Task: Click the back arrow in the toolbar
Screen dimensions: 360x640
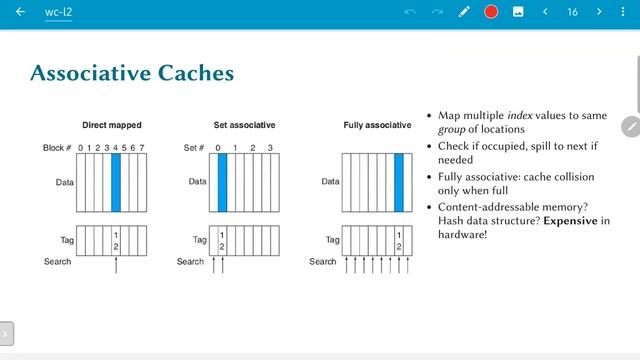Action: [x=20, y=12]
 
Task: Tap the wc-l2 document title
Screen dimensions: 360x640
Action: [x=59, y=12]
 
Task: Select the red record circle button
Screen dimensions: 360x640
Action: [x=491, y=12]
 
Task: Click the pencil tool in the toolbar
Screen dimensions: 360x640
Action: [x=464, y=12]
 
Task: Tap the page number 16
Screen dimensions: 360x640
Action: [x=572, y=12]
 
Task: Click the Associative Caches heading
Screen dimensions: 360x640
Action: [x=132, y=73]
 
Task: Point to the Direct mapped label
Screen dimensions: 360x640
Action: [x=112, y=125]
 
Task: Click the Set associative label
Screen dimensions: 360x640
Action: [x=244, y=125]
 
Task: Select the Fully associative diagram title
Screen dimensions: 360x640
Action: [x=376, y=125]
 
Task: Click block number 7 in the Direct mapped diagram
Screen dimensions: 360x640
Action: [x=143, y=148]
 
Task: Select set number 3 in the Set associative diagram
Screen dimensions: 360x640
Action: [x=270, y=148]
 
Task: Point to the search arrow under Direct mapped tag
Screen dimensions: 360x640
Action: [x=116, y=264]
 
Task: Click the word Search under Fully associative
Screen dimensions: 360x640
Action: [x=323, y=262]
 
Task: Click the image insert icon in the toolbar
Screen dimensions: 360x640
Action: [x=518, y=12]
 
